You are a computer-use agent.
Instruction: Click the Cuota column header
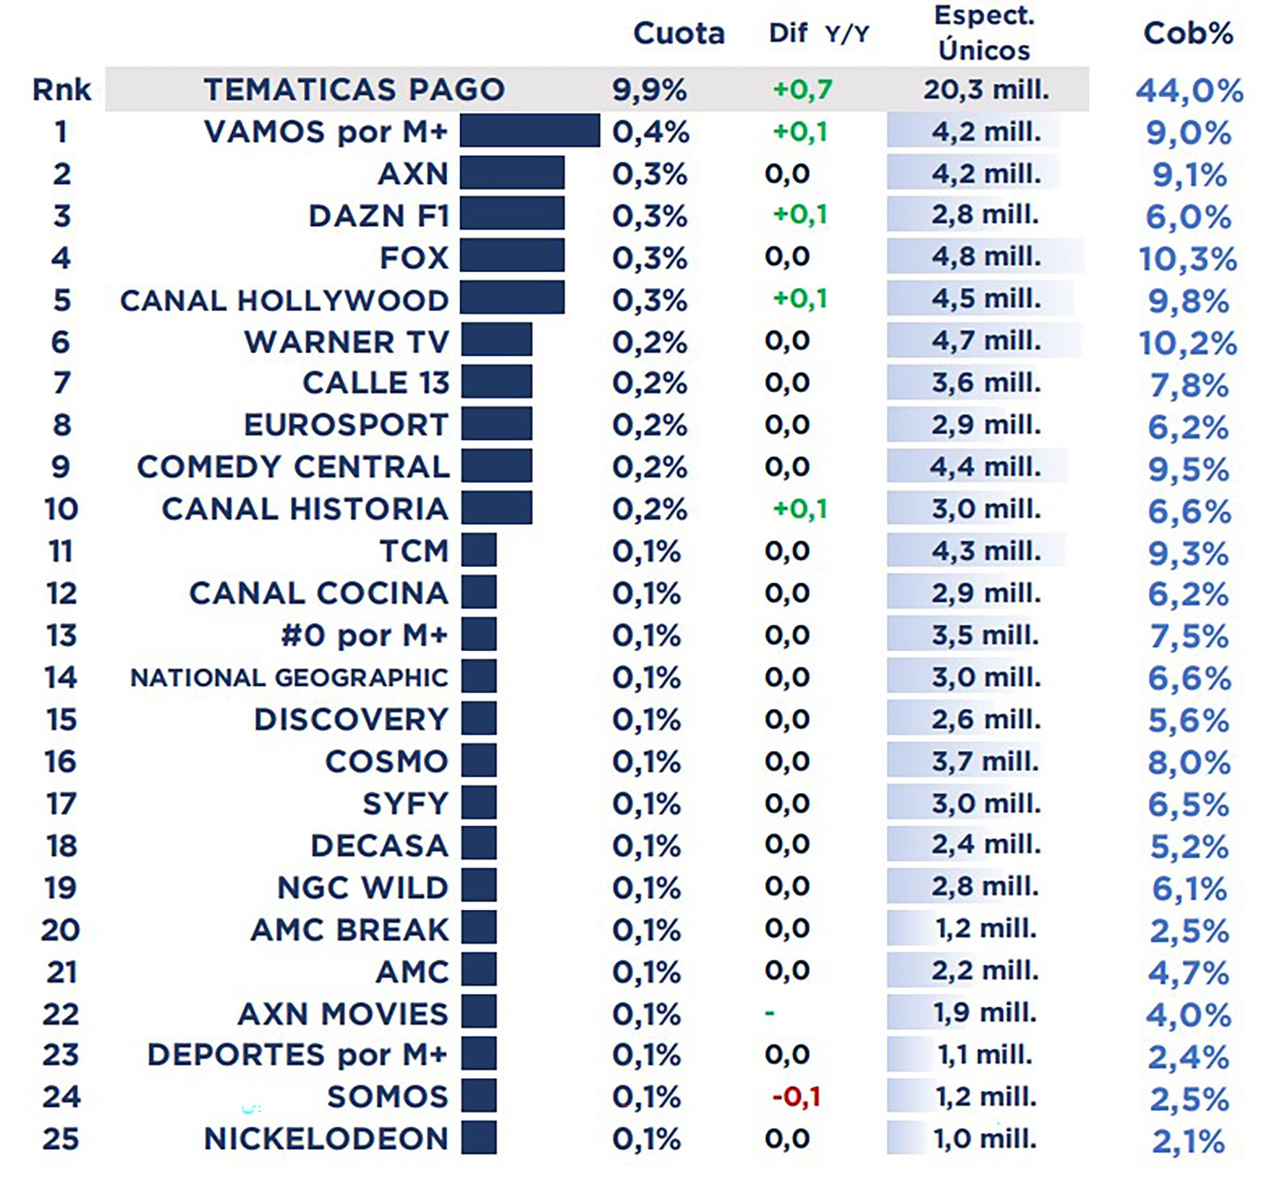tap(678, 33)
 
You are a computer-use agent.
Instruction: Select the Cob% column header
tap(1188, 33)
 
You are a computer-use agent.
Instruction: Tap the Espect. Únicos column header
tap(984, 33)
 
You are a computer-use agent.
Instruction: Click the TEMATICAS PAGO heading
tap(354, 89)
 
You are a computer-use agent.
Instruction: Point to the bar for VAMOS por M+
tap(529, 131)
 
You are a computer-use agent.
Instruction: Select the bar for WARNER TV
tap(497, 340)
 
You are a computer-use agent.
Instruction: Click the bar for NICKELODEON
tap(479, 1138)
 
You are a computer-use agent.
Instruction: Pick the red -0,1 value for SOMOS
tap(796, 1097)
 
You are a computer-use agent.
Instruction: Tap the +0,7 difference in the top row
tap(802, 89)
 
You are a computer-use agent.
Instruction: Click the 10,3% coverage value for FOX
tap(1187, 259)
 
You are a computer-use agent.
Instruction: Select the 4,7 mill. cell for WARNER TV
tap(986, 341)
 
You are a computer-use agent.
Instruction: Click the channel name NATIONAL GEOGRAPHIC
tap(289, 677)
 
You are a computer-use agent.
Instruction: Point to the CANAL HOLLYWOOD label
tap(284, 300)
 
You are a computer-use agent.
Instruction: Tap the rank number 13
tap(62, 636)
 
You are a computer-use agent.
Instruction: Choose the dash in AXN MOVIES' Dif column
tap(770, 1013)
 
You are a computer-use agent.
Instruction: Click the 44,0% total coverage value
tap(1189, 90)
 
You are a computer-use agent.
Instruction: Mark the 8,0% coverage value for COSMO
tap(1188, 763)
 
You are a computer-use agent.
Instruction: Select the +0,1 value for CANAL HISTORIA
tap(800, 509)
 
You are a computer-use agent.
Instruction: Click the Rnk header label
tap(62, 89)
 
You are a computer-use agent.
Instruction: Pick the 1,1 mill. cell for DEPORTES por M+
tap(985, 1054)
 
